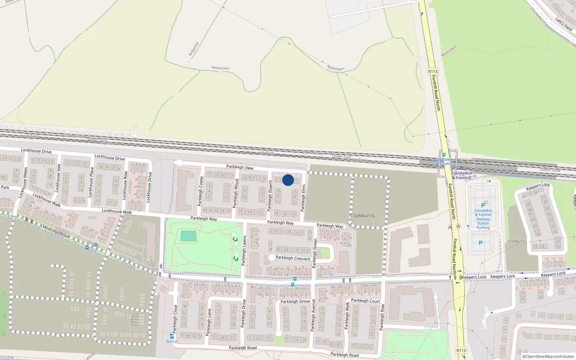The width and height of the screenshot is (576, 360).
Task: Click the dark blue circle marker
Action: point(288,180)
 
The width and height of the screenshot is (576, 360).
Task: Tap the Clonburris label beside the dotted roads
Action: point(362,216)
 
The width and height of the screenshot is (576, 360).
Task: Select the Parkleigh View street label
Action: point(240,167)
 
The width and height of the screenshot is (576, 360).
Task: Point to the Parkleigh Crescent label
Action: point(293,258)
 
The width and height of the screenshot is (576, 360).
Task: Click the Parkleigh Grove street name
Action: point(295,301)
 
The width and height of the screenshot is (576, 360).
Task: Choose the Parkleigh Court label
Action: point(365,301)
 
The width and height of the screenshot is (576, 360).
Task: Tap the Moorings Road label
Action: point(56,231)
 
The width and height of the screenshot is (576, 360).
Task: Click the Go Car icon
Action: point(172,337)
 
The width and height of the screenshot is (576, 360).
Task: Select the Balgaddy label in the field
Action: point(193,49)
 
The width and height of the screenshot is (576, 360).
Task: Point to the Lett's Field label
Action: point(563,24)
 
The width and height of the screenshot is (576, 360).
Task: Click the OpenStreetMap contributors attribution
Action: point(548,357)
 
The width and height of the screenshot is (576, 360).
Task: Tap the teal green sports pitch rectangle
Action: point(188,236)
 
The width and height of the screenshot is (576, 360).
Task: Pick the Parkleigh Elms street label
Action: point(303,198)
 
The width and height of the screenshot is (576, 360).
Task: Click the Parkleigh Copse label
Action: point(200,191)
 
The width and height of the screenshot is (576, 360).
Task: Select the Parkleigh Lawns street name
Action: point(244,251)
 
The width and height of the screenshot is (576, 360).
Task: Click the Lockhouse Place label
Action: point(91,182)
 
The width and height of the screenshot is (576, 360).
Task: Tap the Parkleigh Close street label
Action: point(175,319)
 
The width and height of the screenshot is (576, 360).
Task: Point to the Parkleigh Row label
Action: point(382,318)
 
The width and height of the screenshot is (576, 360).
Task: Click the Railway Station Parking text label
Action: point(483,219)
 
